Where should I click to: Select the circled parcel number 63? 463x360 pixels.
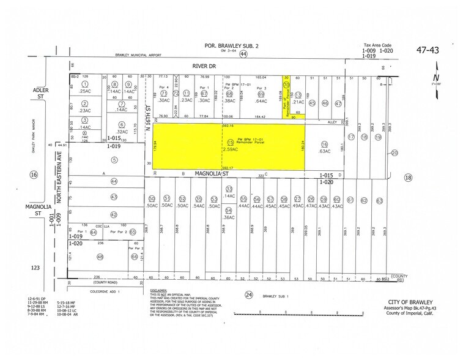pos(379,200)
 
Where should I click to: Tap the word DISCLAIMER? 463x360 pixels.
pos(161,290)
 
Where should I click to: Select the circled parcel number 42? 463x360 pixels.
pos(114,214)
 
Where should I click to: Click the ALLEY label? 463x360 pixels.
pos(332,122)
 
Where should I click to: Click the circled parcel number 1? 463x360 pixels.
pos(86,84)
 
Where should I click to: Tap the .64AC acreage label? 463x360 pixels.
pos(261,101)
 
